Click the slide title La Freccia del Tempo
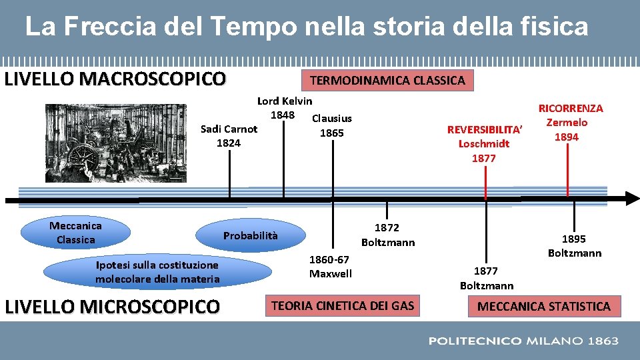pyautogui.click(x=307, y=27)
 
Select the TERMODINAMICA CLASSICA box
pyautogui.click(x=387, y=81)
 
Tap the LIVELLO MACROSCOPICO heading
pyautogui.click(x=115, y=79)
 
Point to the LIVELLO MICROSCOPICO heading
pyautogui.click(x=112, y=307)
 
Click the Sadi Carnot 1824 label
pyautogui.click(x=229, y=136)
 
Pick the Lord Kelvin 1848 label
pyautogui.click(x=284, y=107)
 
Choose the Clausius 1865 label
pyautogui.click(x=332, y=125)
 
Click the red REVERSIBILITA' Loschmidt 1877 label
pyautogui.click(x=484, y=143)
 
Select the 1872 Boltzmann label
pyautogui.click(x=387, y=235)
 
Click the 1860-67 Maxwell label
pyautogui.click(x=330, y=266)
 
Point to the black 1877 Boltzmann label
pyautogui.click(x=486, y=278)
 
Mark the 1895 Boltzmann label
pyautogui.click(x=574, y=245)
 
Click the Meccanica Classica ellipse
pyautogui.click(x=75, y=233)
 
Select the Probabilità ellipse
pyautogui.click(x=251, y=236)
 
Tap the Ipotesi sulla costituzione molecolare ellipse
pyautogui.click(x=157, y=272)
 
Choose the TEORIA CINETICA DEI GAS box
pyautogui.click(x=341, y=306)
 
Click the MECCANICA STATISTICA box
pyautogui.click(x=543, y=307)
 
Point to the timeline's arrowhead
pyautogui.click(x=631, y=199)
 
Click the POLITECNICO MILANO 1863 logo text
pyautogui.click(x=523, y=341)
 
